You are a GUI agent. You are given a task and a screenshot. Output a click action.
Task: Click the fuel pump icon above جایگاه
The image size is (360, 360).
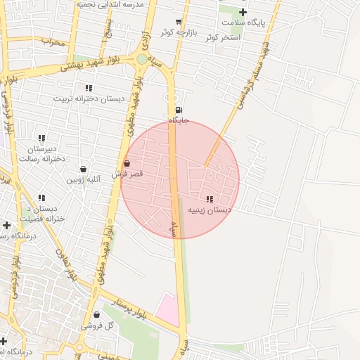point(178,110)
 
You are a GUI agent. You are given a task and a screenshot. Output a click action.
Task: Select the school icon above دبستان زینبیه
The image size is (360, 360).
point(210,199)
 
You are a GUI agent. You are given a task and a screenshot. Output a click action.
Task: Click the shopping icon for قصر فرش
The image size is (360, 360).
point(127,164)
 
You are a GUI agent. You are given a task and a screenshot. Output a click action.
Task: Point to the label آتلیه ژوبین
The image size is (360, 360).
point(84,179)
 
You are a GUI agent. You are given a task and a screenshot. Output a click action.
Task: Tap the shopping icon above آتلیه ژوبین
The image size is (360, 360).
point(84,169)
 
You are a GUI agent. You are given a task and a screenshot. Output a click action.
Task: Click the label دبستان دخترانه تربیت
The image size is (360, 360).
point(89,98)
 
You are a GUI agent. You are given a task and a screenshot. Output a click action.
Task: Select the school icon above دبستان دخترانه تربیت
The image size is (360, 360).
point(89,88)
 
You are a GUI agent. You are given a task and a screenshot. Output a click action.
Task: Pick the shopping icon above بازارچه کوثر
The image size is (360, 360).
point(179,22)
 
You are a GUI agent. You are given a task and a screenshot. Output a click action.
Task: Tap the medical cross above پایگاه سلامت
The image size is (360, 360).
point(243,12)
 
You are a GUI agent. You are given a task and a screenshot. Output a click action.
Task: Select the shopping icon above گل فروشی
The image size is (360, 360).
point(96,315)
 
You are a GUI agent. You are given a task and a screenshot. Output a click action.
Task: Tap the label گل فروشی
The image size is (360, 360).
point(92,326)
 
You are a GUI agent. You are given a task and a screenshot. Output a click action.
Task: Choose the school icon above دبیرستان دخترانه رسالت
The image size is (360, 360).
point(42,138)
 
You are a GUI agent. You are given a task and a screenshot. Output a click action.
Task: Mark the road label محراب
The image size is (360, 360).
point(52,41)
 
